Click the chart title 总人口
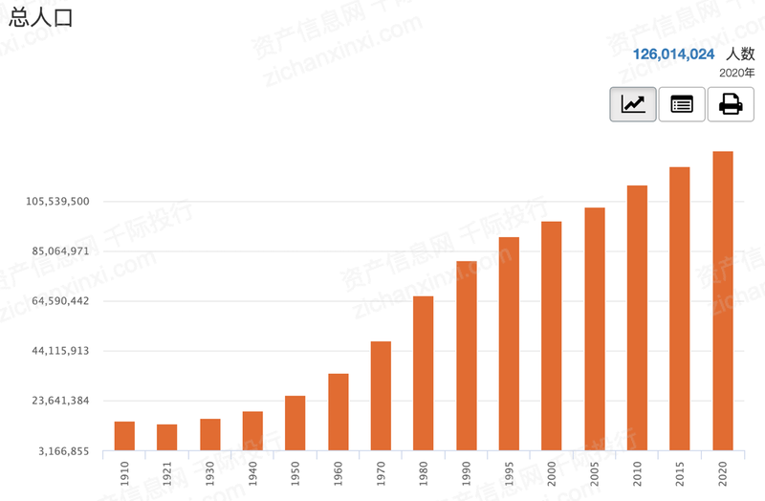pos(40,18)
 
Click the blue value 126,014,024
pos(674,54)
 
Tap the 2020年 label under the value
pos(736,73)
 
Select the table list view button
pos(682,104)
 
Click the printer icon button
pos(731,104)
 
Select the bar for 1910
pos(124,435)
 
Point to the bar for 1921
pos(167,437)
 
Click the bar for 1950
pos(295,423)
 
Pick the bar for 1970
pos(381,395)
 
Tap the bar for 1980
pos(424,373)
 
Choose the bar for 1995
pos(509,343)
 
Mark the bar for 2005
pos(595,328)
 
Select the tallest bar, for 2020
pos(723,300)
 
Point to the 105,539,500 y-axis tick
pos(59,202)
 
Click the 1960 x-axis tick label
pos(339,472)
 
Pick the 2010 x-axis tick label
pos(638,472)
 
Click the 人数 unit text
pos(739,54)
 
